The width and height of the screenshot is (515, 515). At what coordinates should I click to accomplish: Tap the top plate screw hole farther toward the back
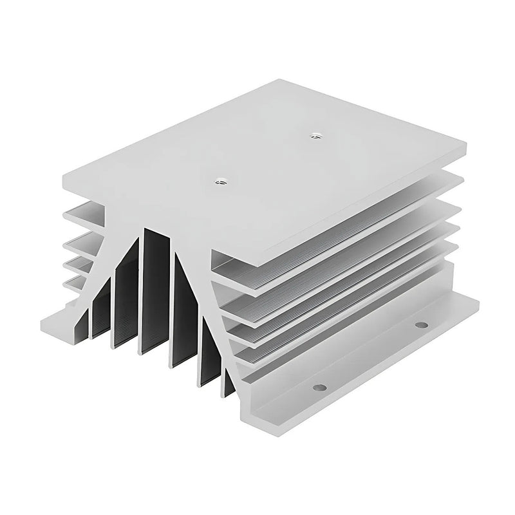(x=315, y=135)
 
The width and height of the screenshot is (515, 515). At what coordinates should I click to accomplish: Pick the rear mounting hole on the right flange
(x=422, y=325)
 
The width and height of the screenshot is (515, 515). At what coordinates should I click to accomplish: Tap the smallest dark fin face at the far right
(x=229, y=380)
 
